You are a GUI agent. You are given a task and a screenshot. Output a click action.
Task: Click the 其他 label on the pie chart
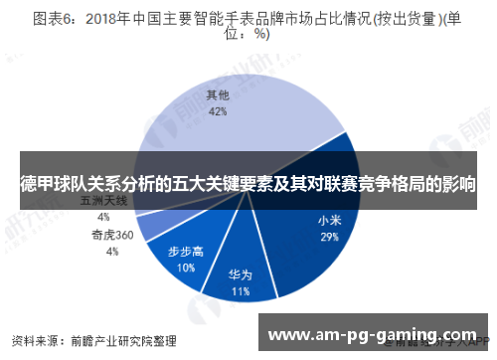[x=218, y=95]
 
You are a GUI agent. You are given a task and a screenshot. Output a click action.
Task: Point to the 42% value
[x=218, y=111]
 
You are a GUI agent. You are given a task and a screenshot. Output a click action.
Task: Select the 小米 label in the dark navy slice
[x=330, y=221]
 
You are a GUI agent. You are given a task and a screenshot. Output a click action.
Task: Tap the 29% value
[x=330, y=238]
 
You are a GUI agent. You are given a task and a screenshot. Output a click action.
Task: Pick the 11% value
[x=240, y=292]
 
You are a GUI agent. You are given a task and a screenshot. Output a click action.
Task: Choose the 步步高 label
[x=186, y=251]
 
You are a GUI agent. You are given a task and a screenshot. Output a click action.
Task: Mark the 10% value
[x=186, y=268]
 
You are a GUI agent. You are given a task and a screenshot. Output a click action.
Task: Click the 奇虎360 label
[x=111, y=236]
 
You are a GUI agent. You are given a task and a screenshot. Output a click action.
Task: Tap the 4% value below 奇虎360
[x=111, y=252]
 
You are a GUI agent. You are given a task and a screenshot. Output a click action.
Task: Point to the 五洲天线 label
[x=103, y=202]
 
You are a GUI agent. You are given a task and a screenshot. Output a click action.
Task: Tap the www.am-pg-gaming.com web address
[x=372, y=334]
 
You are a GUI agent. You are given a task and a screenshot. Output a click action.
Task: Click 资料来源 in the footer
[x=33, y=338]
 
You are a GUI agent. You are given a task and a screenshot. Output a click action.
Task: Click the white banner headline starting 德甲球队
[x=248, y=184]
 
